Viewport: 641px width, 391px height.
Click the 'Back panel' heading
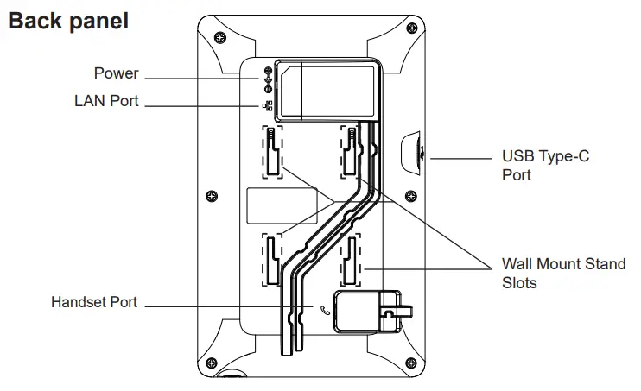pos(68,21)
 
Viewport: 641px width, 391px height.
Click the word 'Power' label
pos(117,74)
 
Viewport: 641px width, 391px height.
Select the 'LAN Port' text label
pos(106,102)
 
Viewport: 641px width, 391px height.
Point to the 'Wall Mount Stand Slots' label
pos(563,273)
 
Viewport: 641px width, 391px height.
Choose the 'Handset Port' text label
pos(94,303)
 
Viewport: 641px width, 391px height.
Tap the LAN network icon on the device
pos(267,106)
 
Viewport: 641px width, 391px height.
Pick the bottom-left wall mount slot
pos(271,260)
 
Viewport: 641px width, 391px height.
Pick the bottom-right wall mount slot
pos(352,260)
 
